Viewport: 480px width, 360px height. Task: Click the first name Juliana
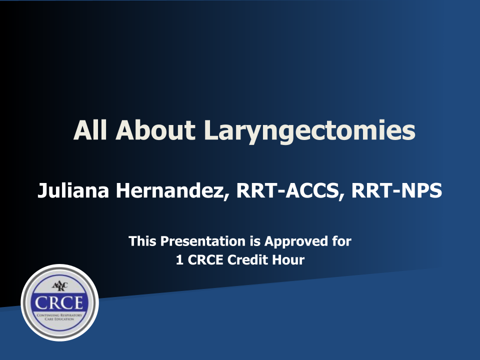point(73,190)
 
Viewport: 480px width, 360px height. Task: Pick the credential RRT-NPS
point(396,190)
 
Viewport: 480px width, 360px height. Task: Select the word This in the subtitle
point(143,241)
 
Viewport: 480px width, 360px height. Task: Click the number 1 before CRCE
point(179,260)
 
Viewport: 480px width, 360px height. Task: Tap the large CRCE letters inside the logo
point(59,303)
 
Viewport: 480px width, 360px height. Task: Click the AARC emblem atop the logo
point(59,286)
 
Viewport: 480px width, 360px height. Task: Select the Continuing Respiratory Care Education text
point(59,317)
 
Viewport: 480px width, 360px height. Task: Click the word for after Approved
point(341,241)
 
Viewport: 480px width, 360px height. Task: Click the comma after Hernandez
point(226,196)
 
